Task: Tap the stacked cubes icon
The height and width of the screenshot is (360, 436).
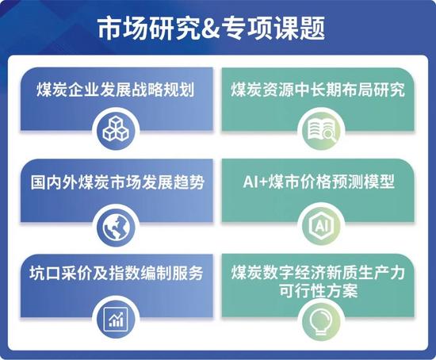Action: click(x=116, y=128)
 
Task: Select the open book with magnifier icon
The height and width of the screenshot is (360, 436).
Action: click(x=321, y=129)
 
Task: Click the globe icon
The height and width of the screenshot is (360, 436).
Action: click(x=117, y=227)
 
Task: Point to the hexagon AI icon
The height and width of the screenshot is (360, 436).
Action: click(x=321, y=225)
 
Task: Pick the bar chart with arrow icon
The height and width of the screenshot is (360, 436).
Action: click(x=116, y=319)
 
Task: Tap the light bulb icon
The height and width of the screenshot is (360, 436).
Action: click(x=321, y=322)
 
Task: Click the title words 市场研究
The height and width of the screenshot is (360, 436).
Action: click(x=148, y=28)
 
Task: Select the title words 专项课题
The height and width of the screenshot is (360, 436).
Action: click(x=273, y=28)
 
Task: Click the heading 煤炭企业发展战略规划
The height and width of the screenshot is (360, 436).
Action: click(x=115, y=90)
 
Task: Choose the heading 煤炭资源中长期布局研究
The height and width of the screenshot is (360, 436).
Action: click(x=318, y=90)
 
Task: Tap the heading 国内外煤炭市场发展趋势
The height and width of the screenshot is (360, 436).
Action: click(x=117, y=182)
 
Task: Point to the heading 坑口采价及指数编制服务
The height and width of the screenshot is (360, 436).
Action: click(x=117, y=273)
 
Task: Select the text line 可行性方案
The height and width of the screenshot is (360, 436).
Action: click(x=318, y=291)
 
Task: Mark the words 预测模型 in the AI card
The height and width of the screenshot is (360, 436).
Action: click(x=363, y=182)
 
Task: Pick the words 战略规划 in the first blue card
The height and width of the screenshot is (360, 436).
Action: click(x=163, y=90)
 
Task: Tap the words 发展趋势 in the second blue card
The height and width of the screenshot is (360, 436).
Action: click(x=173, y=182)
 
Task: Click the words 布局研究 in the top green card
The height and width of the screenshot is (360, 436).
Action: click(x=373, y=90)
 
